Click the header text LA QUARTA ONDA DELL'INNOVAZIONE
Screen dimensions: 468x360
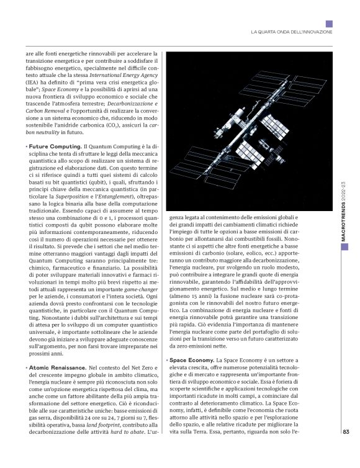[291, 32]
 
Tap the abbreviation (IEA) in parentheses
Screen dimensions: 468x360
[35, 81]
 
